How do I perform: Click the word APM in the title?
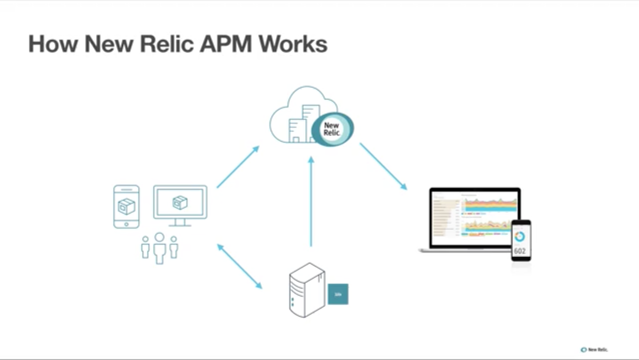click(x=226, y=44)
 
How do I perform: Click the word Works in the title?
click(x=293, y=44)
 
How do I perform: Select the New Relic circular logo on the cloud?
click(x=332, y=129)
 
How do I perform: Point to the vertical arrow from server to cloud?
click(x=311, y=202)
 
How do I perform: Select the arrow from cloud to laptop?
click(x=383, y=166)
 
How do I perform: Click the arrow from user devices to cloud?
click(x=238, y=167)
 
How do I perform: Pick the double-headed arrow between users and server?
click(x=239, y=266)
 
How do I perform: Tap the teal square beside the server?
click(x=338, y=294)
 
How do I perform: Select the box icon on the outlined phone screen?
click(x=126, y=206)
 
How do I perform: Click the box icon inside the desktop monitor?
click(x=180, y=202)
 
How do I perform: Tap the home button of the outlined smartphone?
click(x=126, y=224)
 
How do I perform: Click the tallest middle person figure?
click(x=159, y=248)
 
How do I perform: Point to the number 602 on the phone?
click(x=520, y=251)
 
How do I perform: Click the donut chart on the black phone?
click(x=520, y=236)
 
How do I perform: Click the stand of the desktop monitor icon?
click(x=180, y=223)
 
